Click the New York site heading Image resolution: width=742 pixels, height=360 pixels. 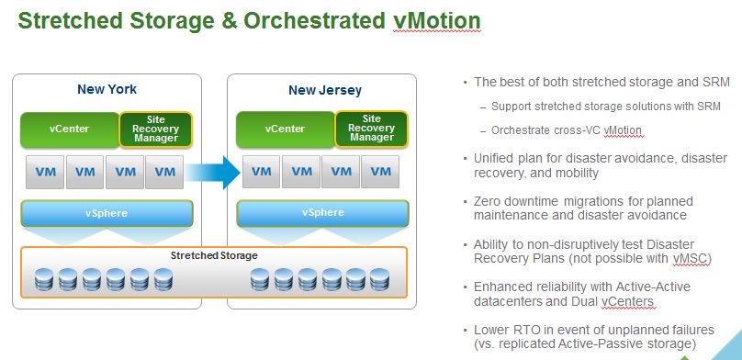point(107,89)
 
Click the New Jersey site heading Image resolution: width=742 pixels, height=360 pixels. point(325,90)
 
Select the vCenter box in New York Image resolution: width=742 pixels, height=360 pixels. point(70,129)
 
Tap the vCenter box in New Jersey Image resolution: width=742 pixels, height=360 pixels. point(285,129)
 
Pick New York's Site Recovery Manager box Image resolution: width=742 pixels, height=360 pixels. point(156,129)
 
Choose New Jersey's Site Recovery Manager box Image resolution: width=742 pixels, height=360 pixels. point(372,129)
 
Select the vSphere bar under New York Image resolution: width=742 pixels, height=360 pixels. point(107,213)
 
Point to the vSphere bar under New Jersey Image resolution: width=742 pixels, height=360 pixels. point(322,213)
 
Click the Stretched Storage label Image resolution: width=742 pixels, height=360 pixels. point(214,256)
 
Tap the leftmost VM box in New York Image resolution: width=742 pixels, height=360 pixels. point(45,172)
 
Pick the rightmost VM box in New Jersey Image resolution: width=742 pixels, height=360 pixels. point(380,171)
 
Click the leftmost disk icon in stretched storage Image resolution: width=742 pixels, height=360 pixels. point(44,279)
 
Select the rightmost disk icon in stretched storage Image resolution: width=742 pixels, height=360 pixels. point(379,279)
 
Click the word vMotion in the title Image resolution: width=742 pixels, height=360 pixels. point(436,20)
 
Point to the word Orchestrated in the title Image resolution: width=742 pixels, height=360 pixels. point(314,20)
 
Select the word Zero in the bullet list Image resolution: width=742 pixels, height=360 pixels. point(488,201)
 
